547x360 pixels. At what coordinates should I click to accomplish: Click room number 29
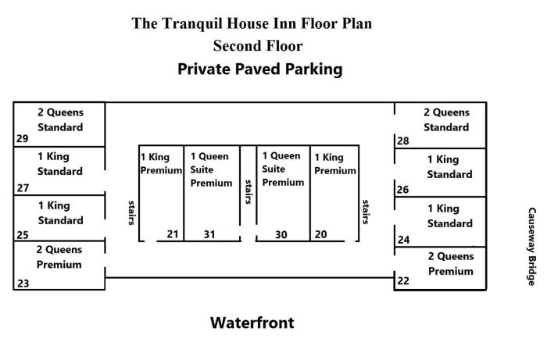[x=22, y=140]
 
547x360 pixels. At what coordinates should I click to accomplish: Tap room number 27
[x=22, y=188]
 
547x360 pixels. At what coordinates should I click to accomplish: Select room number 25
[x=22, y=235]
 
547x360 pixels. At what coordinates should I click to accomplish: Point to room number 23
[x=22, y=284]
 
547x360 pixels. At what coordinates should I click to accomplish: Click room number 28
[x=403, y=141]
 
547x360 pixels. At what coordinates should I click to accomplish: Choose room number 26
[x=403, y=190]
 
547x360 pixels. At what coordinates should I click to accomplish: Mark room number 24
[x=403, y=240]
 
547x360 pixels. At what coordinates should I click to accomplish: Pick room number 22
[x=403, y=281]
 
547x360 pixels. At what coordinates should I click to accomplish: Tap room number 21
[x=173, y=233]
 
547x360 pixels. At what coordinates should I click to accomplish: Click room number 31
[x=209, y=233]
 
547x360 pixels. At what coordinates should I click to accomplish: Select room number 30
[x=281, y=233]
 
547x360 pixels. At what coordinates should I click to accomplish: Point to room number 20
[x=320, y=233]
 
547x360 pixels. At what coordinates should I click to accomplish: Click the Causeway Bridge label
[x=531, y=246]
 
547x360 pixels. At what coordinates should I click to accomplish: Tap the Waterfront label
[x=252, y=323]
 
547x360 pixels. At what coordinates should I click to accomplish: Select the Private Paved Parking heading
[x=259, y=69]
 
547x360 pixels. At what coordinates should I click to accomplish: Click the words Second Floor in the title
[x=258, y=46]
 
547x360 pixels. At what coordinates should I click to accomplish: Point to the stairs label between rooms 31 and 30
[x=248, y=191]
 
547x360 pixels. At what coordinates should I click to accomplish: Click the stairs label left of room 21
[x=131, y=211]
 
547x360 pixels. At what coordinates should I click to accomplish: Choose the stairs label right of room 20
[x=365, y=211]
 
